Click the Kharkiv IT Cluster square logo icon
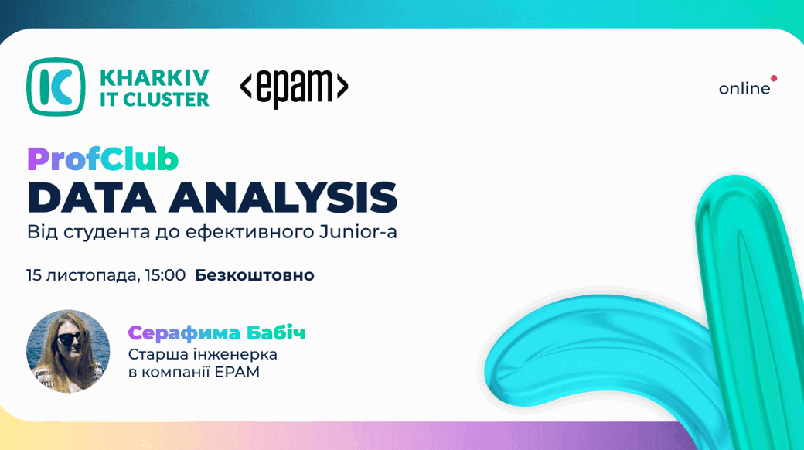[56, 86]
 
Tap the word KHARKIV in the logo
[155, 78]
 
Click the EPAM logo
[295, 87]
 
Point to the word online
[744, 89]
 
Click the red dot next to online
[774, 79]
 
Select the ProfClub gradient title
[103, 159]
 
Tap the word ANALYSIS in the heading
[283, 197]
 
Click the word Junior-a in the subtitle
[358, 232]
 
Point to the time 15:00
[165, 275]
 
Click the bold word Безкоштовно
[254, 275]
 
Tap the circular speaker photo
[68, 352]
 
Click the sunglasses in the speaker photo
[70, 338]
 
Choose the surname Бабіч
[276, 333]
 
